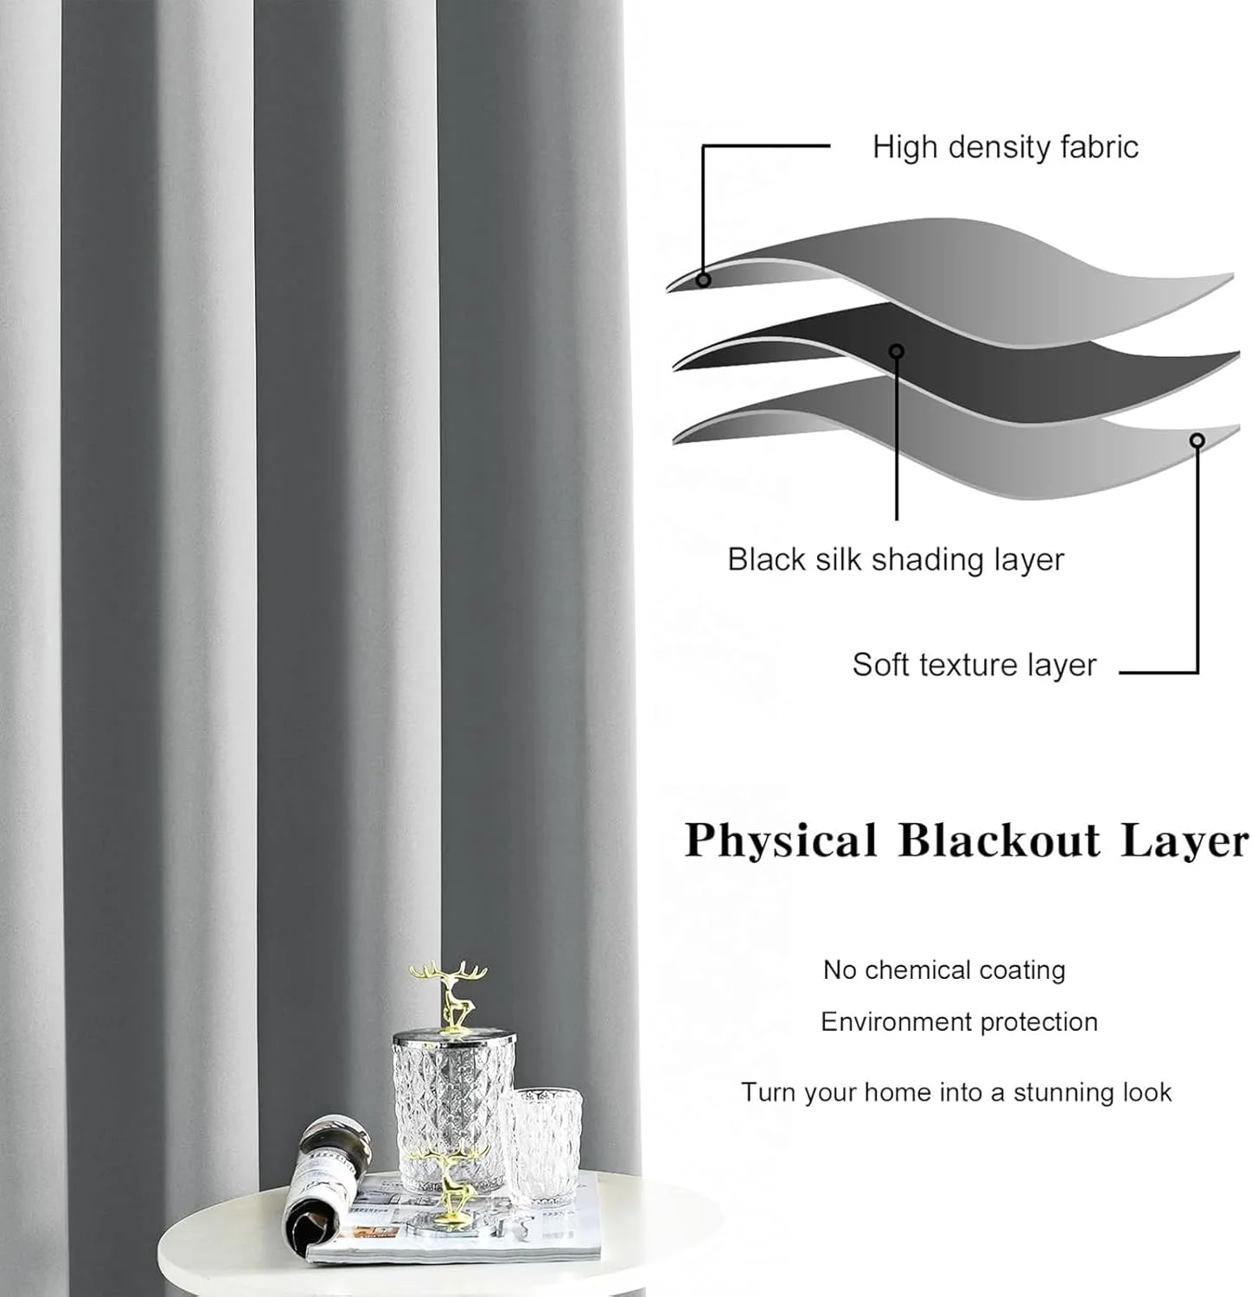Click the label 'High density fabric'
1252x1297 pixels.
pos(1005,147)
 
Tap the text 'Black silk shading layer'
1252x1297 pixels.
pos(895,559)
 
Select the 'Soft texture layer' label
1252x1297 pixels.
pos(974,665)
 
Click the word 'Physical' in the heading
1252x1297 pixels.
pos(781,840)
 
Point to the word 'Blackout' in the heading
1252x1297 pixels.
pos(999,840)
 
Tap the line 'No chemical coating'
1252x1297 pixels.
pos(943,970)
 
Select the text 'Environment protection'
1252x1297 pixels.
pos(959,1022)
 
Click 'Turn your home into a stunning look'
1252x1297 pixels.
pos(956,1092)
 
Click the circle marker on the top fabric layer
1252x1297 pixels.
pos(704,280)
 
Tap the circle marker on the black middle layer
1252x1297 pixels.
pos(897,351)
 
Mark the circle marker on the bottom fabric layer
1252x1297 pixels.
pos(1197,441)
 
